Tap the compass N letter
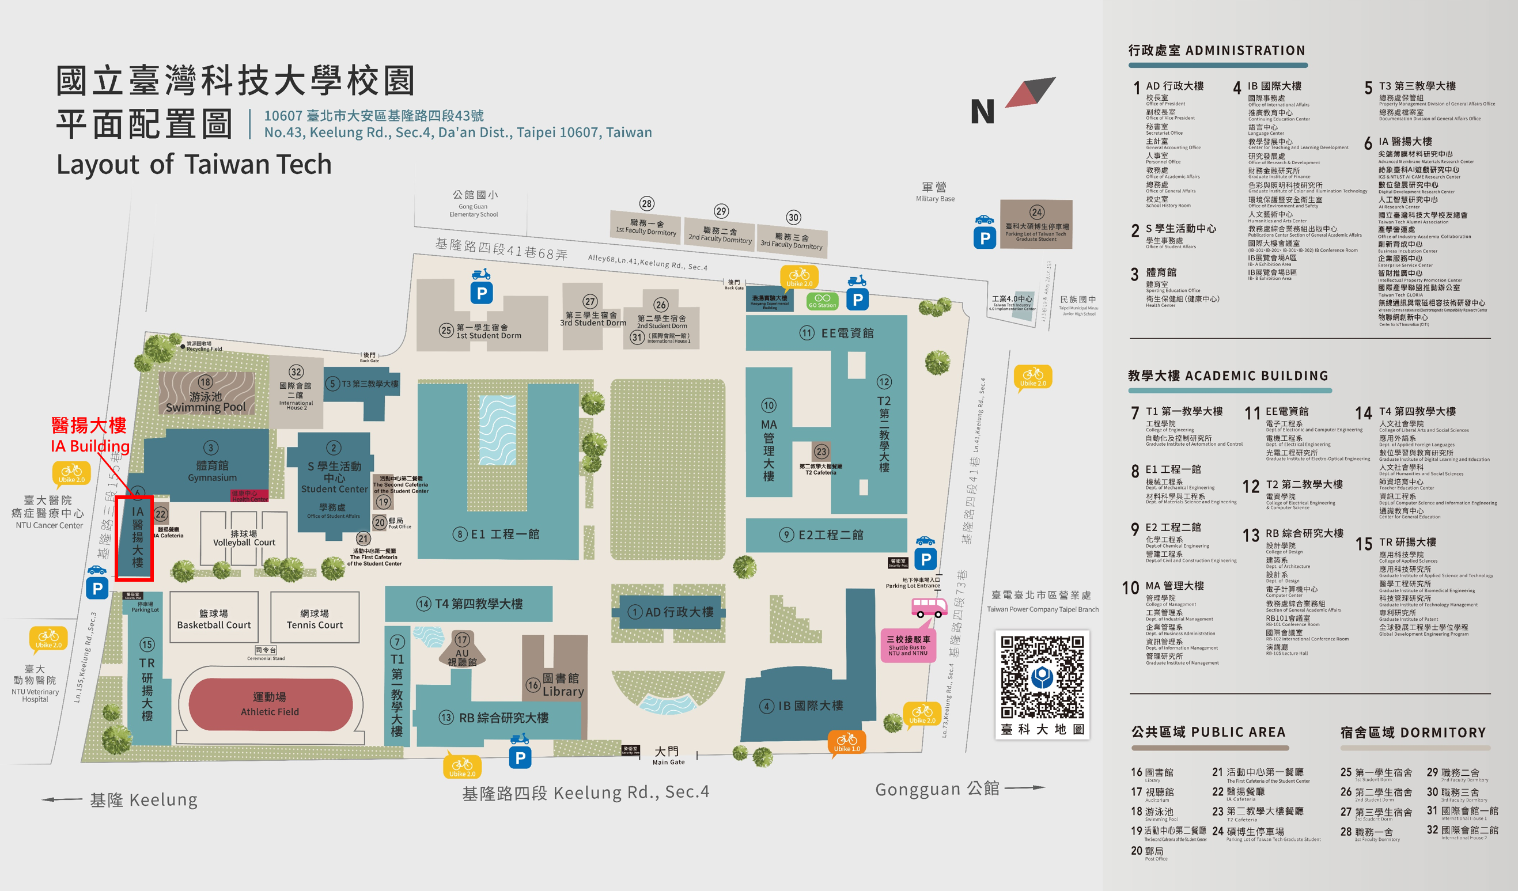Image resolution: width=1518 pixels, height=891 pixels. (x=982, y=112)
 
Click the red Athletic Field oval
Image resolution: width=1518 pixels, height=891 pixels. (x=270, y=704)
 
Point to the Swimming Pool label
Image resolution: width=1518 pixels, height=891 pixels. (x=206, y=402)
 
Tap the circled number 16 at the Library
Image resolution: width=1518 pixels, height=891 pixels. (x=532, y=685)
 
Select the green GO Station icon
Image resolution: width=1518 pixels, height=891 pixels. (x=822, y=301)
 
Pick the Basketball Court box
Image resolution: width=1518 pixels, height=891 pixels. (x=214, y=618)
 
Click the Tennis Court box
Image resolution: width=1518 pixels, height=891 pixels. (x=315, y=618)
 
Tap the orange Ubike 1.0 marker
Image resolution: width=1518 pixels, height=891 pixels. (x=846, y=742)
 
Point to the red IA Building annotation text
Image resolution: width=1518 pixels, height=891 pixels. (x=90, y=435)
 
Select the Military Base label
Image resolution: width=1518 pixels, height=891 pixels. (x=935, y=192)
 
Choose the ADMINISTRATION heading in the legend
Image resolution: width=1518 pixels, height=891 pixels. (x=1216, y=51)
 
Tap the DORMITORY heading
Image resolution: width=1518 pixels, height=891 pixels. (x=1413, y=733)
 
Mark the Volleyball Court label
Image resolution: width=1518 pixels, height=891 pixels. (x=244, y=538)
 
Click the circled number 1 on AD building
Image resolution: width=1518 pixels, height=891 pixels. (x=634, y=612)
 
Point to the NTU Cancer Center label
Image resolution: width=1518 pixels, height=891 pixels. (x=48, y=512)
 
